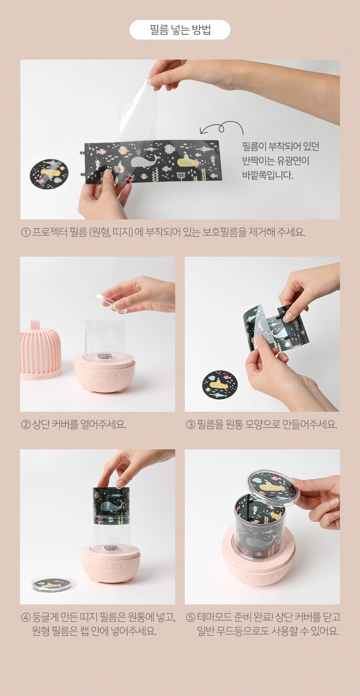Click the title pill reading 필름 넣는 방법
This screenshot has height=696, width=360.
180,30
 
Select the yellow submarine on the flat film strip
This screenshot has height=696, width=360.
187,161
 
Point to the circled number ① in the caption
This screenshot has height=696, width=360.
26,232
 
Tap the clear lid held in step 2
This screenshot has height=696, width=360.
108,302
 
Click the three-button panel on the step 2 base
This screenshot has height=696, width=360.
106,376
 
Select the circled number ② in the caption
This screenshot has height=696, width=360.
26,424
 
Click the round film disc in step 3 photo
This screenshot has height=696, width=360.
220,385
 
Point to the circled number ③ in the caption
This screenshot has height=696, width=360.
190,424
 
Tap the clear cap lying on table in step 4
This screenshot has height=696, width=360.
52,584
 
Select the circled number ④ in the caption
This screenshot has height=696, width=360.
26,617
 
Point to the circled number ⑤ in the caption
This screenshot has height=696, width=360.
190,617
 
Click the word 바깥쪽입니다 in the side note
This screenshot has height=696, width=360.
268,175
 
